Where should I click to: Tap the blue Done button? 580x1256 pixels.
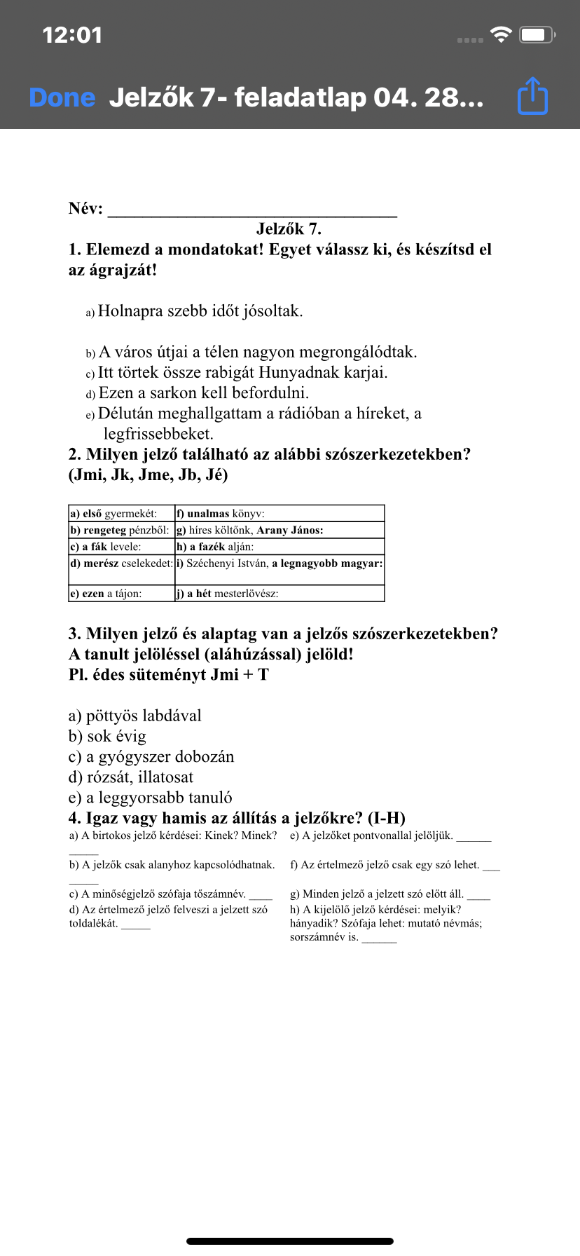62,97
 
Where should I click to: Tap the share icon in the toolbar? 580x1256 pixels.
532,96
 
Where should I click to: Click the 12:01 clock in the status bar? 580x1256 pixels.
72,35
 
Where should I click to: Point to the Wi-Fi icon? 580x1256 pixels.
502,34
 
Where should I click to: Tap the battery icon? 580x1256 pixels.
537,34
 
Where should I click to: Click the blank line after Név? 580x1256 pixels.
252,210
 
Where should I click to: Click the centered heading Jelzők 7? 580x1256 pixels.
289,229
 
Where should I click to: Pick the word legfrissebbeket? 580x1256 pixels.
158,434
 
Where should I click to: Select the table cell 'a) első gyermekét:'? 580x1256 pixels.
121,514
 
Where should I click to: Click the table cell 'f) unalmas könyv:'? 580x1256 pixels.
279,514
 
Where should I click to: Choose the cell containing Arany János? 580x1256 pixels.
279,531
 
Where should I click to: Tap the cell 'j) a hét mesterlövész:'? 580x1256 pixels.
279,594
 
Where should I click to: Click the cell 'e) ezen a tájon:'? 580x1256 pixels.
121,594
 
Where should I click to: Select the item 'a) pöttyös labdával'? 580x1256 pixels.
135,716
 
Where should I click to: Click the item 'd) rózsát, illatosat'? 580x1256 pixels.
131,777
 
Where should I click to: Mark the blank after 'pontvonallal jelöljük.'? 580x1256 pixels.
474,837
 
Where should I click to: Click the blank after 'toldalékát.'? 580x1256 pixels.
136,924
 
